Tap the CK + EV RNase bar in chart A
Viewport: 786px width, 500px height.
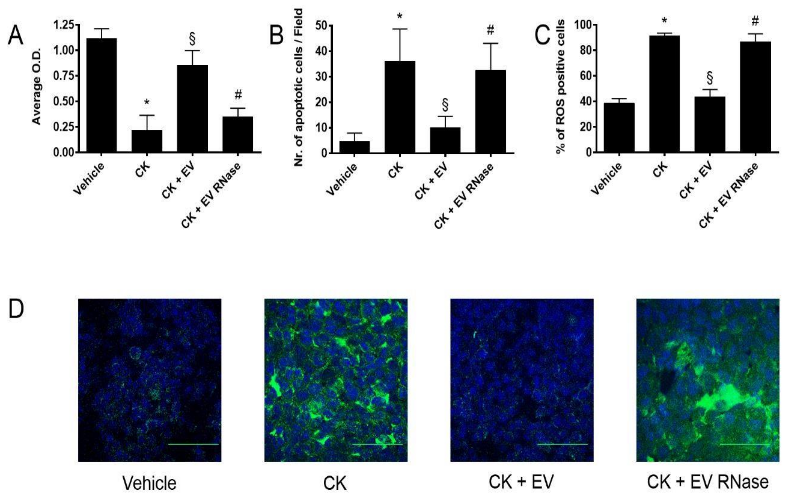pos(238,134)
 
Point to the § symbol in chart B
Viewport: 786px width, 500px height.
pos(445,105)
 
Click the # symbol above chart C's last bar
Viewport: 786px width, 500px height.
pos(755,21)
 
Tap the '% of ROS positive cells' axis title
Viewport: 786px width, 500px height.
pos(561,87)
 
